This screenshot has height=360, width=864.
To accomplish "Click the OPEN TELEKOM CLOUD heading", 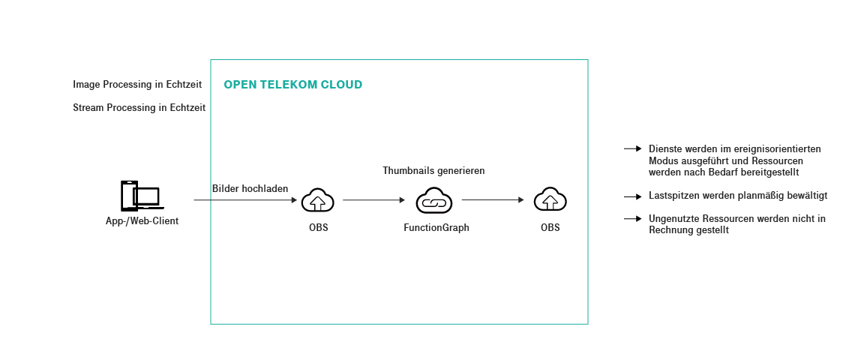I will tap(292, 85).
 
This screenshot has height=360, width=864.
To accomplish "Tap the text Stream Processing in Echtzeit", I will tap(139, 108).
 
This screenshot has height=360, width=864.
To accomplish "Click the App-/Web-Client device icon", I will tap(140, 196).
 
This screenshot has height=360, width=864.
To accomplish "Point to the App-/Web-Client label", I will tap(142, 221).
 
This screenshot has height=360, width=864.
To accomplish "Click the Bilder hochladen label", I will tap(250, 188).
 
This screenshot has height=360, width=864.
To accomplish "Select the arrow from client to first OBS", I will tap(245, 200).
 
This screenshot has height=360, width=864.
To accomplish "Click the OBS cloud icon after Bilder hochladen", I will tap(318, 201).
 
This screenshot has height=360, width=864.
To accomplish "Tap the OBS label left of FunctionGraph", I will tap(318, 228).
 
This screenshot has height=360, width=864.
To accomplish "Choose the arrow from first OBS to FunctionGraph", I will tap(373, 200).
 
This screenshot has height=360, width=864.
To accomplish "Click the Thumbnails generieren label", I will tap(433, 171).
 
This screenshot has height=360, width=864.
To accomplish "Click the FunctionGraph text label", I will tap(436, 228).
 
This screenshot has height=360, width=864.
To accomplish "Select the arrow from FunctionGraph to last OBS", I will tap(492, 200).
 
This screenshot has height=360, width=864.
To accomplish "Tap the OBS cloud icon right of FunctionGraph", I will tap(550, 201).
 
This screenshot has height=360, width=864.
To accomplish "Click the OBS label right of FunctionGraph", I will tap(550, 228).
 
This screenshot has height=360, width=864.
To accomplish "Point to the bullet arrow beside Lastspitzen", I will tap(632, 196).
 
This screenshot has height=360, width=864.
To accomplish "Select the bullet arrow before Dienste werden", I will tap(632, 149).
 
